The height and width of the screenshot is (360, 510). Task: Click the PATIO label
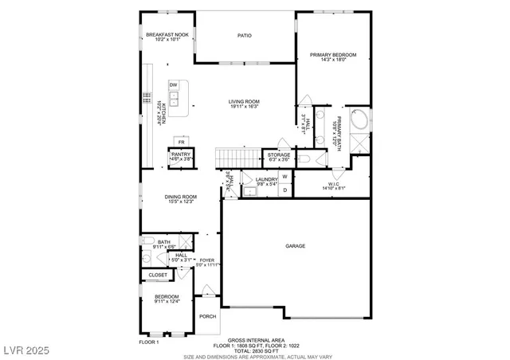(x=245, y=36)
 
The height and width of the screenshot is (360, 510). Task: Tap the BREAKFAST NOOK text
(x=167, y=35)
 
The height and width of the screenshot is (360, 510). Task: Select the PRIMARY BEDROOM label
(x=333, y=55)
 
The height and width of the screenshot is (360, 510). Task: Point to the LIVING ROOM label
(x=245, y=102)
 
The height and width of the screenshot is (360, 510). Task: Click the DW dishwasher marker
(x=173, y=85)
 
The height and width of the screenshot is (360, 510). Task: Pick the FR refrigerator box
(x=182, y=141)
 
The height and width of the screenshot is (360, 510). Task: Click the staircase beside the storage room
(x=239, y=157)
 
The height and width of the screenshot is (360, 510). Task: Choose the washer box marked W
(x=284, y=176)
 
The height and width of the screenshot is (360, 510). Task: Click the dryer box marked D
(x=284, y=190)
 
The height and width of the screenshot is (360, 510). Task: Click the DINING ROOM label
(x=181, y=198)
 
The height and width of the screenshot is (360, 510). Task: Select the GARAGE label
(x=296, y=246)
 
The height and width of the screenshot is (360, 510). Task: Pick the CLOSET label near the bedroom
(x=158, y=276)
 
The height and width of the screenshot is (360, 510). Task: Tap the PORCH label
(x=208, y=316)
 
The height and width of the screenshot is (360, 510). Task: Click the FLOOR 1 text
(x=149, y=342)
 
